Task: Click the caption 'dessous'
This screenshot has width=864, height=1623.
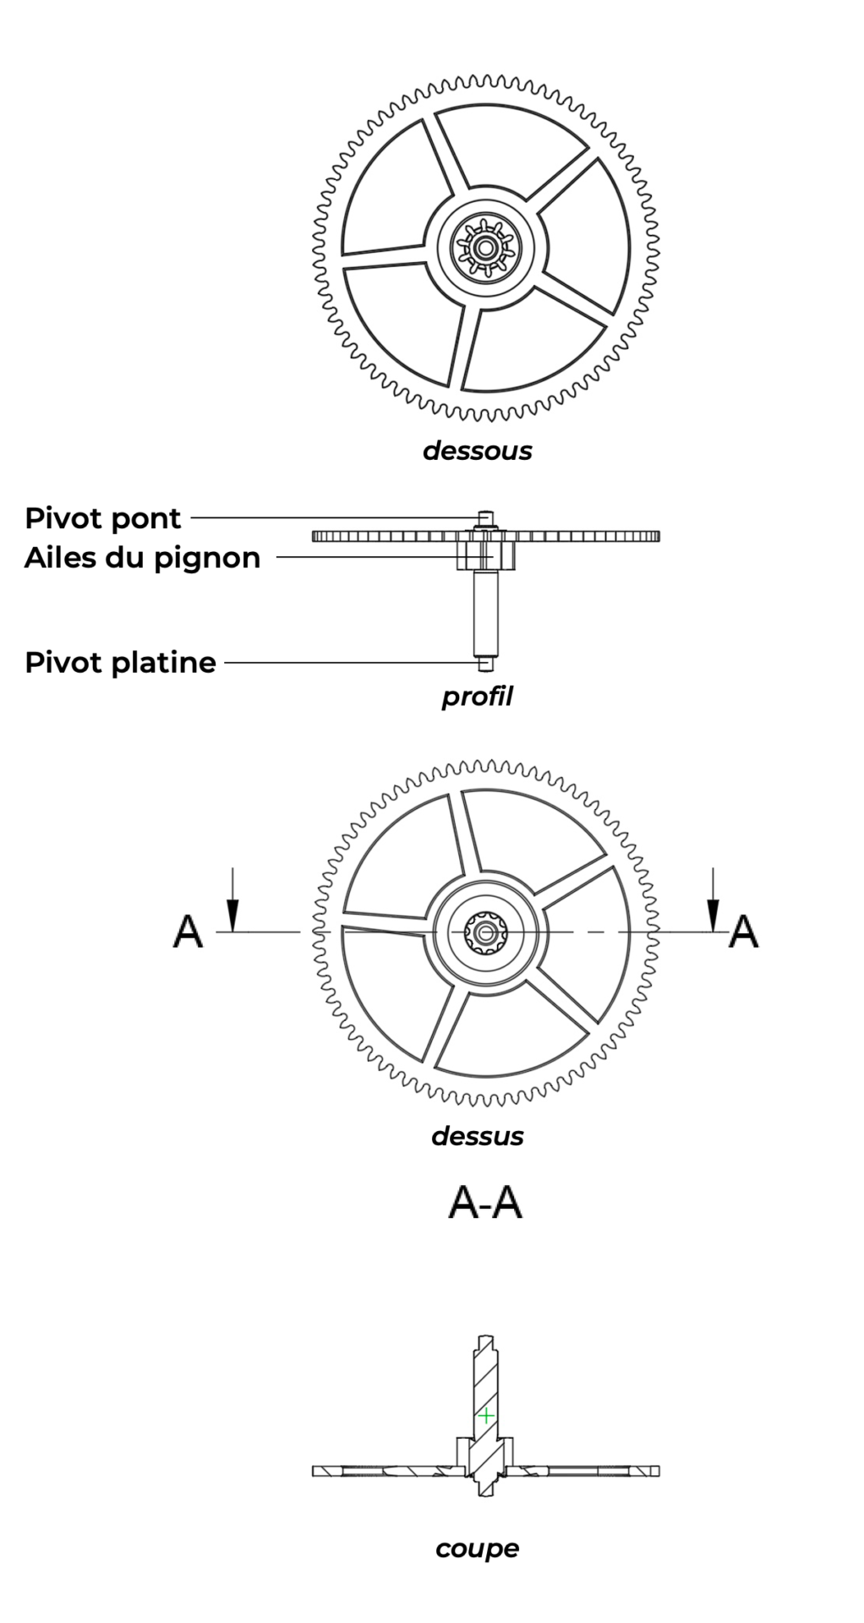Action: (x=477, y=451)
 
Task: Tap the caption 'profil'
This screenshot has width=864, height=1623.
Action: (x=477, y=697)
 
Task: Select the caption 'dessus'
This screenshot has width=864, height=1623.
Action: (x=477, y=1136)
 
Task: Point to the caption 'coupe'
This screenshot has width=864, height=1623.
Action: (x=477, y=1549)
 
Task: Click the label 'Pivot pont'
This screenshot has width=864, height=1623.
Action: (x=102, y=518)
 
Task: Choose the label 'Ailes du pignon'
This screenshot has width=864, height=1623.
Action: (x=142, y=558)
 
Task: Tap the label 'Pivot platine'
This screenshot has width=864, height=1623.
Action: (x=120, y=662)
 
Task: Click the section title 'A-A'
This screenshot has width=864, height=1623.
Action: (x=484, y=1203)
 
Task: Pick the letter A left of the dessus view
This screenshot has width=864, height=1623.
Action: (x=188, y=932)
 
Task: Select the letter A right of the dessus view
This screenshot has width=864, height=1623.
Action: (x=743, y=932)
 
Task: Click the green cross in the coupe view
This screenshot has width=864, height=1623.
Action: (x=486, y=1415)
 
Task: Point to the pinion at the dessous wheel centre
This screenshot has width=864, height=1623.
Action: (x=485, y=249)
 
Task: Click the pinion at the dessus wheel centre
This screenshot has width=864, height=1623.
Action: (x=485, y=932)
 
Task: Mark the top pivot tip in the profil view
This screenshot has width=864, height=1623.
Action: (x=484, y=515)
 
